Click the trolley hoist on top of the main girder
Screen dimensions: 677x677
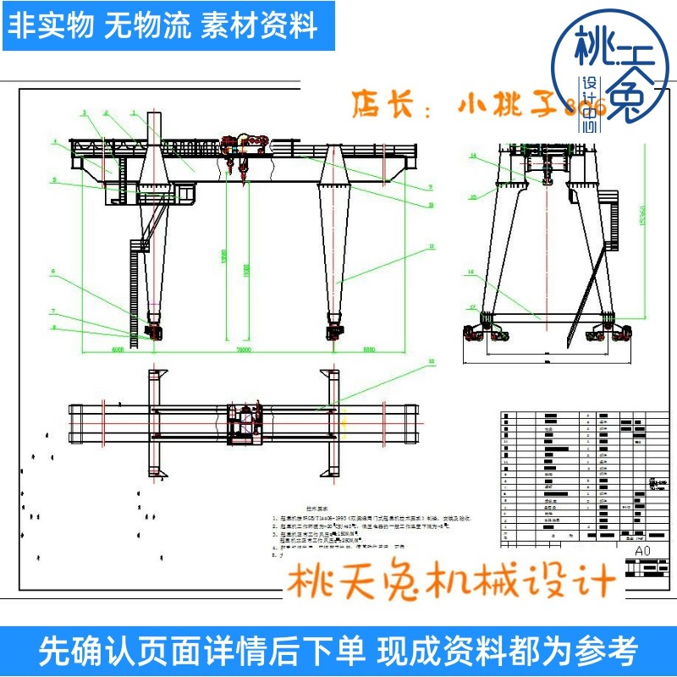[x=240, y=146]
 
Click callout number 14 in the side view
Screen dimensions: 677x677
[x=475, y=157]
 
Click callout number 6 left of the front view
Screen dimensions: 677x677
[x=52, y=272]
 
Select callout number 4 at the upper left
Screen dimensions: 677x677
[x=52, y=141]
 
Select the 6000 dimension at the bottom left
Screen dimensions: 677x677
[x=116, y=349]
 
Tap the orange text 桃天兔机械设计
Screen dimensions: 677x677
[x=452, y=582]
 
